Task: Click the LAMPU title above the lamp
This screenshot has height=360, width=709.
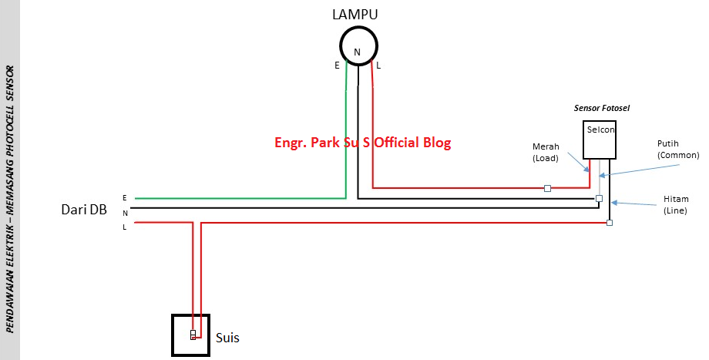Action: click(355, 14)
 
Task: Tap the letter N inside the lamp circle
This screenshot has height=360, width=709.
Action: click(357, 52)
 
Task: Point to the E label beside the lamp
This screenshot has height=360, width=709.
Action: click(337, 66)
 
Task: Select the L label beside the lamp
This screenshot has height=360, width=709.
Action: click(378, 66)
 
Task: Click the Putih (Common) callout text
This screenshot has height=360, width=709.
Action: click(677, 150)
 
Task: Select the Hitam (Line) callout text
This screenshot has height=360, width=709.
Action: click(676, 204)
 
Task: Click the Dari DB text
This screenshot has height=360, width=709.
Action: click(84, 210)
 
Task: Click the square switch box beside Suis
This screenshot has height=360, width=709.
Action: click(190, 335)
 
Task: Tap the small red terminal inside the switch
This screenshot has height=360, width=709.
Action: click(193, 335)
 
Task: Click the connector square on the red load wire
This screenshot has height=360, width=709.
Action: click(547, 187)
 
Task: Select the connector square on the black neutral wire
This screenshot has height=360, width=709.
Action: click(599, 199)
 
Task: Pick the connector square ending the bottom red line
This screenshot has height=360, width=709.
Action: click(609, 223)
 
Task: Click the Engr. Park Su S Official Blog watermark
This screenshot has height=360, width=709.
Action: click(362, 143)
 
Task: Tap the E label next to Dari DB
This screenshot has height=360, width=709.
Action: click(125, 197)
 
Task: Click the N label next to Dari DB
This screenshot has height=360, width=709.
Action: click(125, 212)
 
